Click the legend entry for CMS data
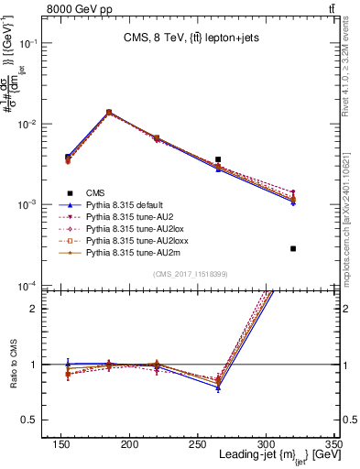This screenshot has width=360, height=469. point(95,192)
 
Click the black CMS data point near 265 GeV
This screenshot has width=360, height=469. point(218,159)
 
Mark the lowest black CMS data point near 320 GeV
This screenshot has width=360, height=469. point(293,248)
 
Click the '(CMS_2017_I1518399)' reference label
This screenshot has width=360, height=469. point(191,274)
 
